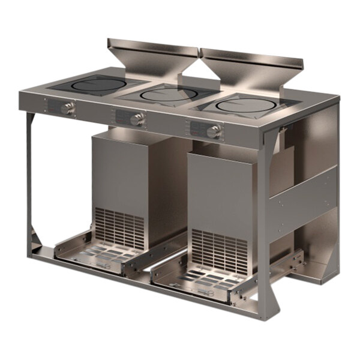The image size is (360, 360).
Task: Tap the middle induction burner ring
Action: click(x=169, y=94)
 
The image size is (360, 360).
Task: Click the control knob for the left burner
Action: click(x=70, y=109)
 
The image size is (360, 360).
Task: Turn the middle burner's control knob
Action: click(x=137, y=118)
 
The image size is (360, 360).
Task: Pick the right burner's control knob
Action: click(x=213, y=131)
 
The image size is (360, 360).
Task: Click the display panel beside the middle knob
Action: click(x=122, y=116)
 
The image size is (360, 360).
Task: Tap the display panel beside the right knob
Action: click(x=197, y=128)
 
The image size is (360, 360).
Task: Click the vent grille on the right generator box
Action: click(x=218, y=249)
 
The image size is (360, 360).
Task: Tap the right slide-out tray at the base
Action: click(x=198, y=277)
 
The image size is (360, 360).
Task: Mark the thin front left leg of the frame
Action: click(x=28, y=180)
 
